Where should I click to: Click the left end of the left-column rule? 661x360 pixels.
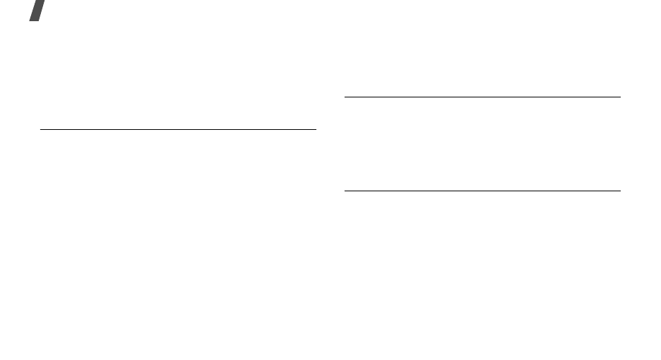tap(41, 129)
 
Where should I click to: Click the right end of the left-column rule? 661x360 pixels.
tap(316, 129)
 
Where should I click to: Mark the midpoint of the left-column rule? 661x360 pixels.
tap(178, 129)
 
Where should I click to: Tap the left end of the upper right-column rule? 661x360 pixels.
tap(345, 97)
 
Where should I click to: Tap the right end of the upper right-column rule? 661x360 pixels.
tap(619, 97)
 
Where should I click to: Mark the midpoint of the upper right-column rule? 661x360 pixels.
tap(482, 97)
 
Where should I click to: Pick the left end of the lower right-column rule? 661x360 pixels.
tap(345, 191)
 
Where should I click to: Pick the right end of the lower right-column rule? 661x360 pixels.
tap(619, 191)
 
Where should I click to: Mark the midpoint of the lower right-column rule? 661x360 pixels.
tap(482, 191)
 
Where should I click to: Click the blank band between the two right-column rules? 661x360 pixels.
tap(482, 144)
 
